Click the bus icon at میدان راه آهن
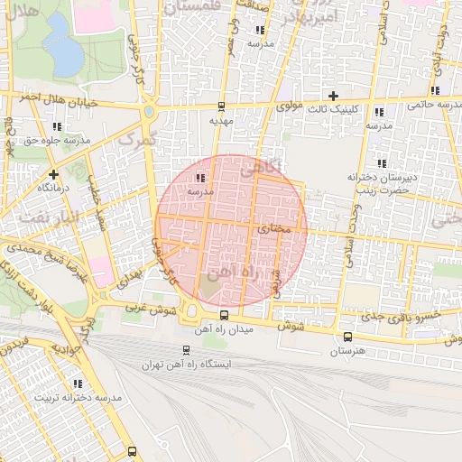224,315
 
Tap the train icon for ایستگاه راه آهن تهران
186,349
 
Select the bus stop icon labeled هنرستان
347,336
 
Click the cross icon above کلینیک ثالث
333,95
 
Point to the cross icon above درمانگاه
54,173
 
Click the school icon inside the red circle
199,178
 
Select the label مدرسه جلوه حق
58,141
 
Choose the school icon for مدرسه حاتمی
436,90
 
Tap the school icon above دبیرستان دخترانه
382,163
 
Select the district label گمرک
137,139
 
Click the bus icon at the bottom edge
133,450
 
